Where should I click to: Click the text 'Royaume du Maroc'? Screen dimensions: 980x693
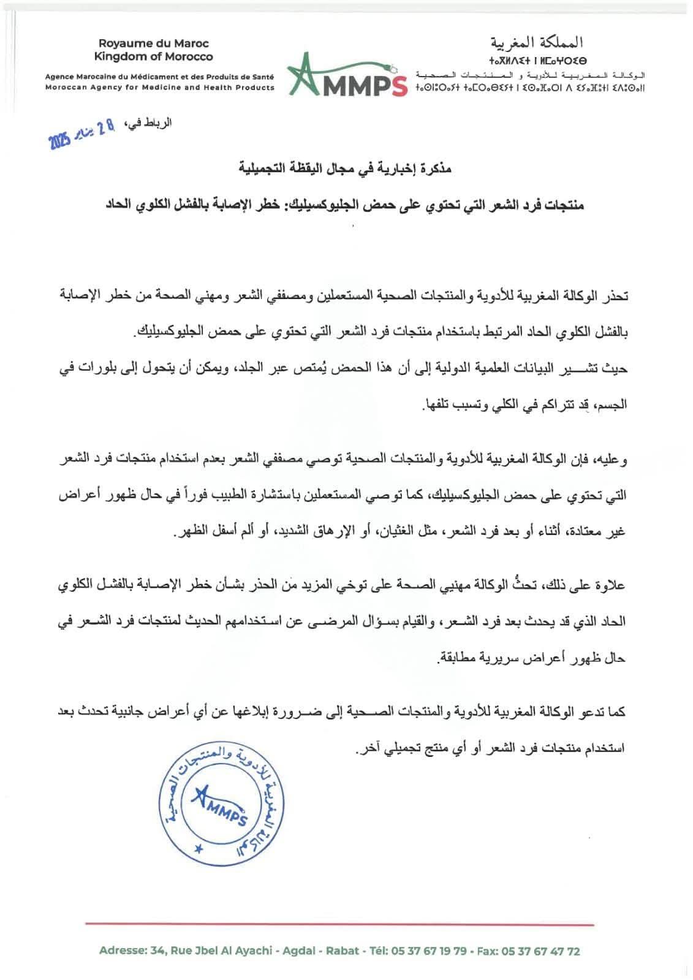click(x=154, y=44)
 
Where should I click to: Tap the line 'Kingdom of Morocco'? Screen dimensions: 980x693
click(x=154, y=56)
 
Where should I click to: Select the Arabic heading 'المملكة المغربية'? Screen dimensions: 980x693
click(x=538, y=43)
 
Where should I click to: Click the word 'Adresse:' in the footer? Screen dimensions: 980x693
click(x=121, y=951)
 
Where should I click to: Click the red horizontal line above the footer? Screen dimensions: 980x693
click(x=339, y=924)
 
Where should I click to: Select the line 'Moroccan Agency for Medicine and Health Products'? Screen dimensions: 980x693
click(x=160, y=88)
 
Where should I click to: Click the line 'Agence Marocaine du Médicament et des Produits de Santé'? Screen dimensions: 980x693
click(x=160, y=77)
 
